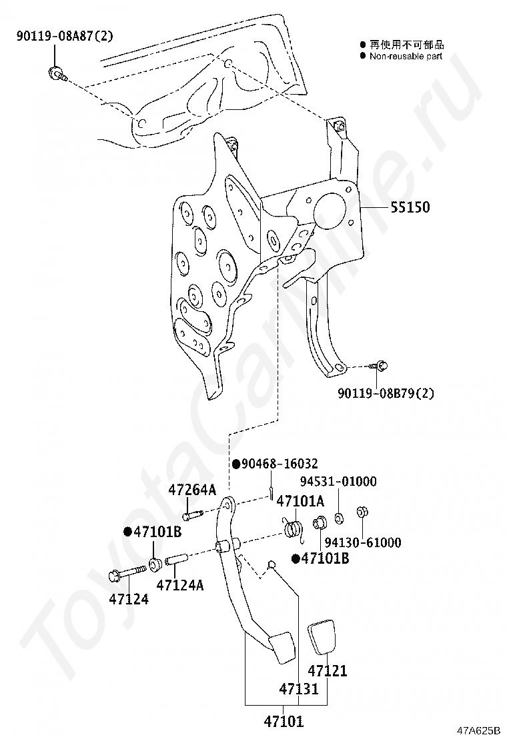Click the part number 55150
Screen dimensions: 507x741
(x=410, y=208)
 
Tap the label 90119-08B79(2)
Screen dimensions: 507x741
(x=386, y=393)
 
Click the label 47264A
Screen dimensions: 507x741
(x=192, y=490)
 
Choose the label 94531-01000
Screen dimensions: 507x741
(x=338, y=481)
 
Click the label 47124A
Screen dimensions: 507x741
(x=179, y=585)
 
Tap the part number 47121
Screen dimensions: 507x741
(x=327, y=671)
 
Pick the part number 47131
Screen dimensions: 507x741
(x=298, y=688)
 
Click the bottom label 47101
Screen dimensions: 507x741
(x=284, y=721)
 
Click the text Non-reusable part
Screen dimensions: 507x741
(x=406, y=57)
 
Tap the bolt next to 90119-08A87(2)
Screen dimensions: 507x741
(x=56, y=73)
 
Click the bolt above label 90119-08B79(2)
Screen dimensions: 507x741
(x=381, y=365)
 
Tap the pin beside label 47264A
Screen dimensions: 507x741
(x=193, y=515)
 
